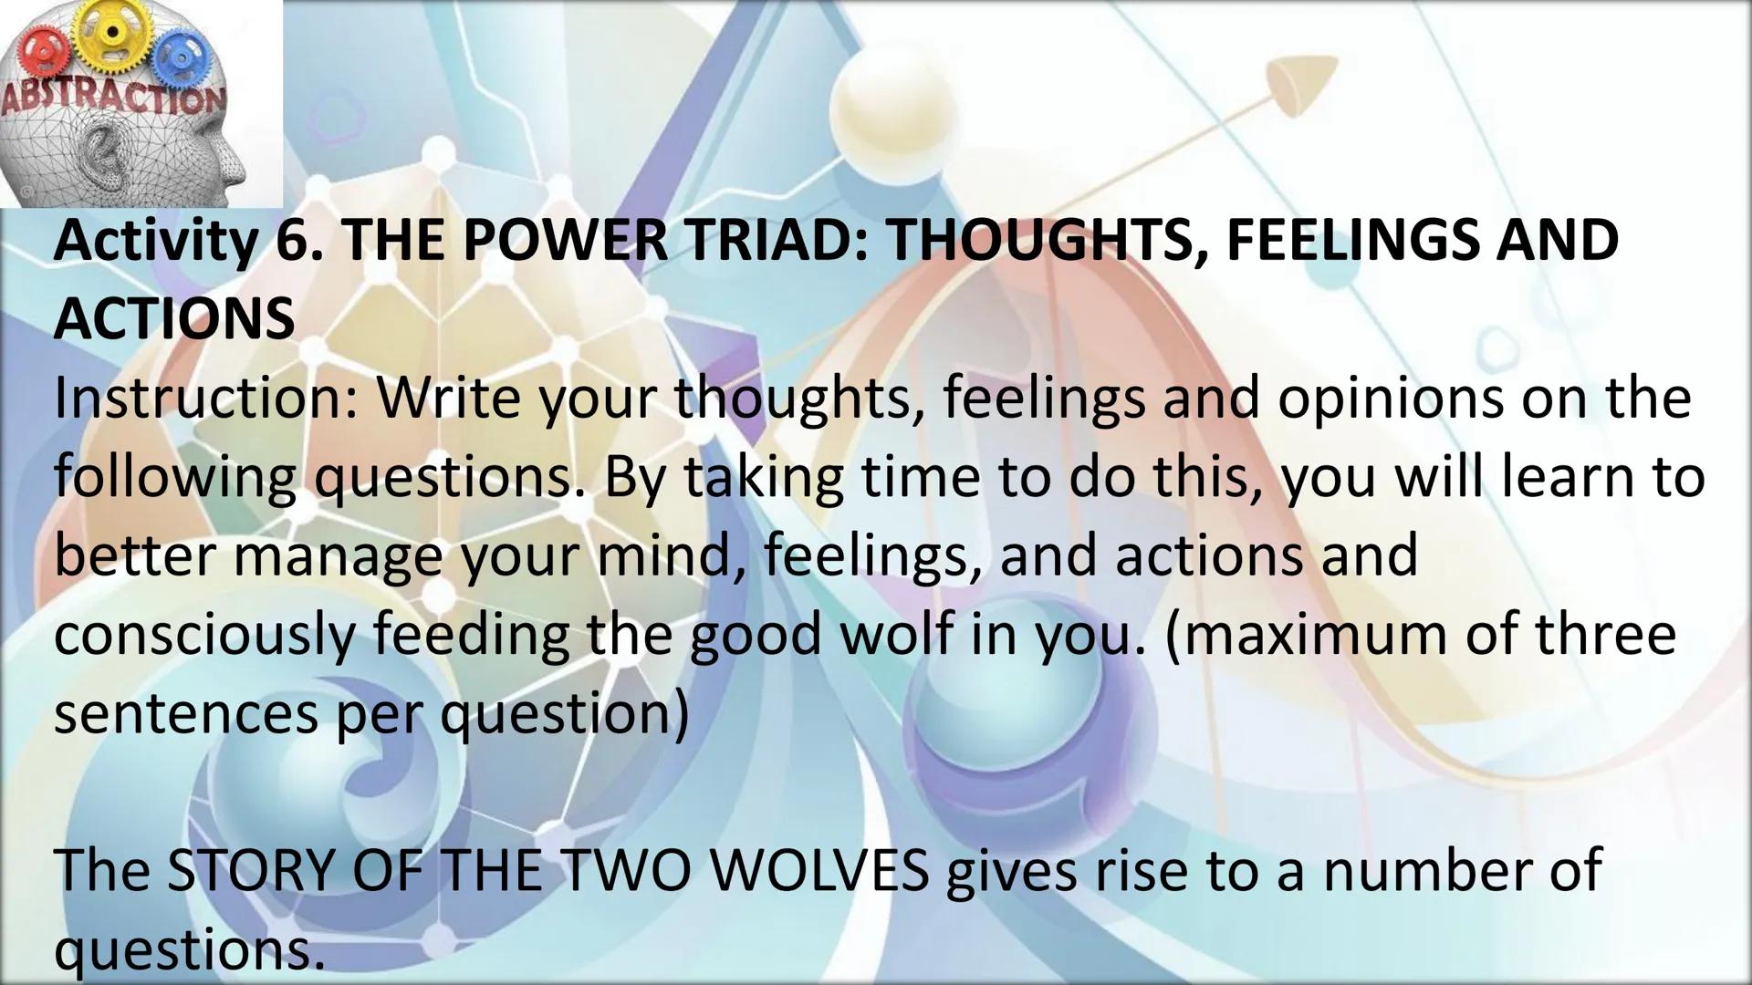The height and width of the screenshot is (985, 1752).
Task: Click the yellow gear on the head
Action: [x=112, y=33]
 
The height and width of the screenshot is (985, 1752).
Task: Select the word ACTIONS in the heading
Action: [x=174, y=319]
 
